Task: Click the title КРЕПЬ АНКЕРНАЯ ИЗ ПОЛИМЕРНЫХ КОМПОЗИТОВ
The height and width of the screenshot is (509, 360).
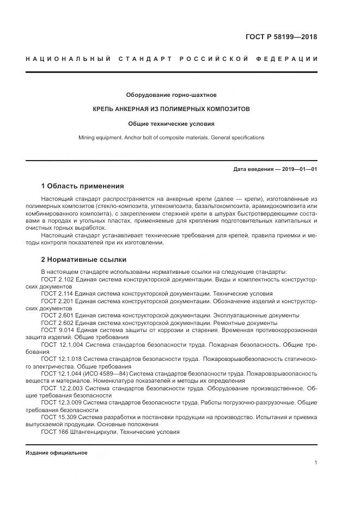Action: coord(172,109)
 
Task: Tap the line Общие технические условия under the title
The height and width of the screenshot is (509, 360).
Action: coord(172,124)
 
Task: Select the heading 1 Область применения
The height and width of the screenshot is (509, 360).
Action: coord(82,186)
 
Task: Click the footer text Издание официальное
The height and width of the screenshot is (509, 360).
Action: coord(57,453)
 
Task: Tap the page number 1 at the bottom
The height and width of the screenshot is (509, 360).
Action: coord(315,462)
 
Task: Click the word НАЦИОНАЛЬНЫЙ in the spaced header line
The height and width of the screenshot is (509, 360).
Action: coord(68,59)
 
